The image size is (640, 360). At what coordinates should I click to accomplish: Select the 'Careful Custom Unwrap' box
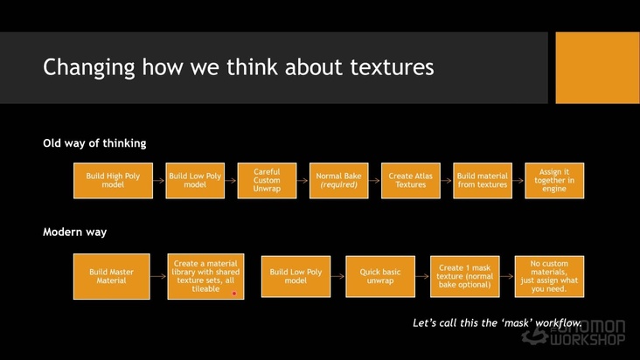[267, 180]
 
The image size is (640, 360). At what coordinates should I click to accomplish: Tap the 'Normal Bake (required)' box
[339, 180]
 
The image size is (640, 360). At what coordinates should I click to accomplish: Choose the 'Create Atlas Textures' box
[411, 180]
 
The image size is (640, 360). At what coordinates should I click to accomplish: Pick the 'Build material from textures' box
[483, 180]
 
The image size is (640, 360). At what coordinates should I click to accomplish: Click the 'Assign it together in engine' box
[554, 180]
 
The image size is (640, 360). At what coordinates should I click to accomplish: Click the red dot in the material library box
[234, 294]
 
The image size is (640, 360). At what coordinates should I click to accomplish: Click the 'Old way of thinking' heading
[94, 142]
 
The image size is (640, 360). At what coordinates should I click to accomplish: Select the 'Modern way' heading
[74, 232]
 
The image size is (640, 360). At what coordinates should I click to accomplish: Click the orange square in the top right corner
[597, 67]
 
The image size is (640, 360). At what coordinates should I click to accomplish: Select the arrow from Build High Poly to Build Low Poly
[159, 180]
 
